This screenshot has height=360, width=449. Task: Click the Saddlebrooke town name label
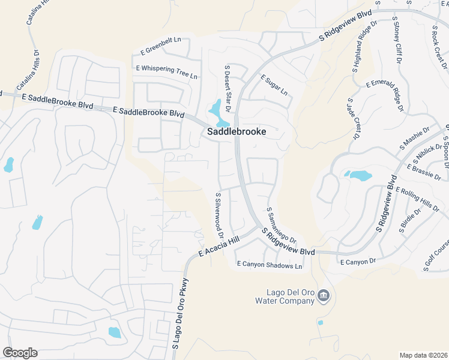237,131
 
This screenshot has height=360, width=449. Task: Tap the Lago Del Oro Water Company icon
324,295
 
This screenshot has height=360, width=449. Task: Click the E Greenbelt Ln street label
161,40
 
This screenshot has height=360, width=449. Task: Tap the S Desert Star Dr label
228,84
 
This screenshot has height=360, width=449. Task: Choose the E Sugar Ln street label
274,86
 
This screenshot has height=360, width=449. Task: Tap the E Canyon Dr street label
357,262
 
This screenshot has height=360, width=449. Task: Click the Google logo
20,353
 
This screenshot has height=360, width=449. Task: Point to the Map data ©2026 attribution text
423,355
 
